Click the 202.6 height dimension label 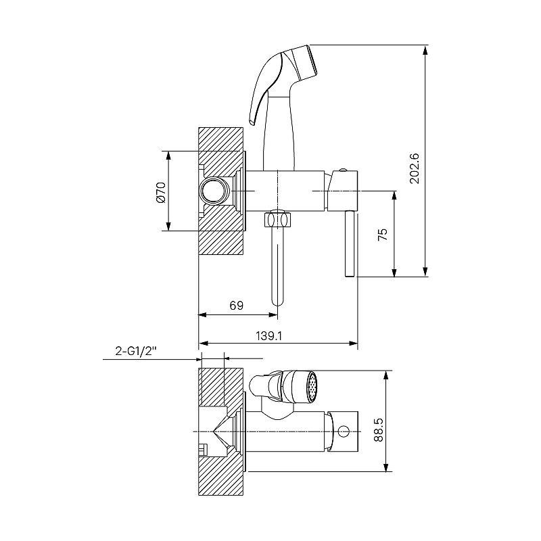pyautogui.click(x=415, y=168)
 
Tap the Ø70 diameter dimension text pyautogui.click(x=161, y=193)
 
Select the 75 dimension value pyautogui.click(x=383, y=234)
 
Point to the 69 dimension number pyautogui.click(x=236, y=306)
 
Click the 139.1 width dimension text pyautogui.click(x=268, y=335)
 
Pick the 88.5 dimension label pyautogui.click(x=379, y=429)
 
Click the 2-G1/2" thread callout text pyautogui.click(x=136, y=351)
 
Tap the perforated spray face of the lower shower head pyautogui.click(x=312, y=386)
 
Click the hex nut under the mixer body pyautogui.click(x=277, y=220)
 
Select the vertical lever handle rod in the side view pyautogui.click(x=349, y=243)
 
